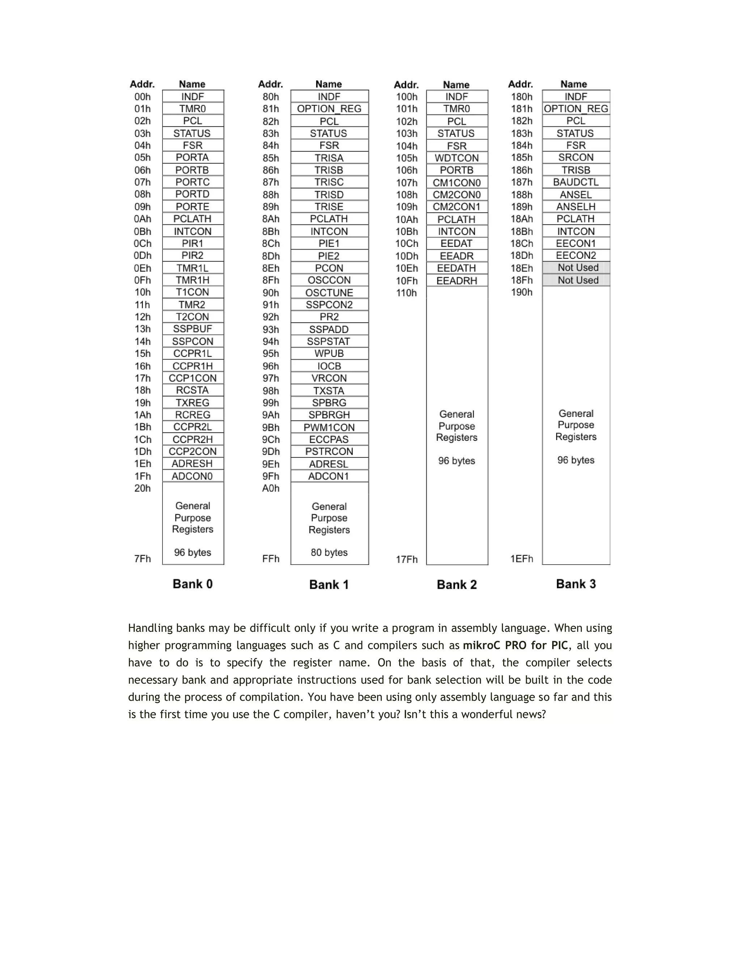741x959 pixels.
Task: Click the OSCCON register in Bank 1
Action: coord(329,280)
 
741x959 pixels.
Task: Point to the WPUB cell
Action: coord(329,354)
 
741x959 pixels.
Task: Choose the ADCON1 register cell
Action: coord(329,476)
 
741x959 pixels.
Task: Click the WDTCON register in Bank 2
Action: coord(457,158)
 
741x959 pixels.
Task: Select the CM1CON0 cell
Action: coord(457,183)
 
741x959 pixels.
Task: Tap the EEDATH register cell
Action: coord(457,268)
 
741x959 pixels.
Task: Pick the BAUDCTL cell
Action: coord(576,182)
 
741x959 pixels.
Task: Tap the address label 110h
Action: coord(406,293)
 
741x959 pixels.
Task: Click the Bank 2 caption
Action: coord(457,585)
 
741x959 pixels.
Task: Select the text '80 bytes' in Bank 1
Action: coord(329,552)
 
